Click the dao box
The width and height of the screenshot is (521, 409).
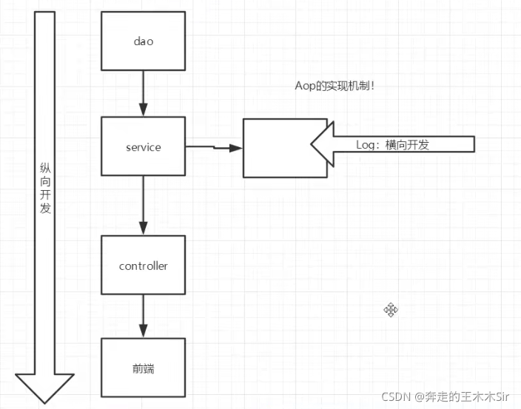point(143,41)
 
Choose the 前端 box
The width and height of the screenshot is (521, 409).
point(143,368)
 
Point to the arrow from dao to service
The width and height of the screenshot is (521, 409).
point(143,93)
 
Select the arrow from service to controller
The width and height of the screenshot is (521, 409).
point(143,206)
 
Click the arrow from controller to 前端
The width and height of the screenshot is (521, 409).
point(143,317)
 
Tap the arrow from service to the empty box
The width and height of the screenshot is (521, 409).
point(214,148)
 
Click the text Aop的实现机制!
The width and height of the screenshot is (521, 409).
point(335,86)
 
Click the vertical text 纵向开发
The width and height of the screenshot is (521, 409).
point(46,189)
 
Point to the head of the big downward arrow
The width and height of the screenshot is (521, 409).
point(45,388)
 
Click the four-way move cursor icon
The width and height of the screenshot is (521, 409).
point(391,310)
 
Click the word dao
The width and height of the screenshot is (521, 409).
point(143,41)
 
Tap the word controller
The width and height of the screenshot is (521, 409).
point(143,266)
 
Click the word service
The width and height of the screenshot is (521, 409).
point(143,147)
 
